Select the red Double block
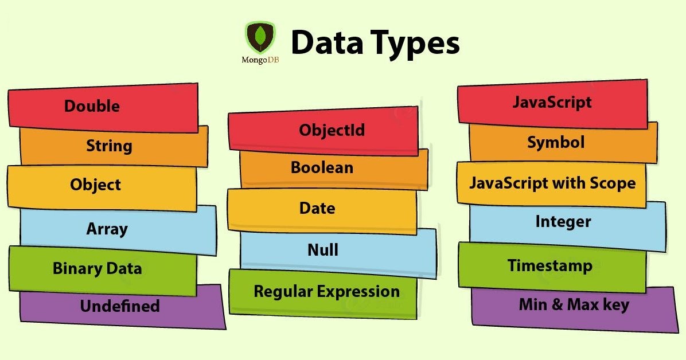[x=103, y=107]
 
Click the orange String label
[x=109, y=146]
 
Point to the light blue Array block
[x=107, y=229]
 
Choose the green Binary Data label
[x=97, y=268]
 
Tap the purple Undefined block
[x=120, y=306]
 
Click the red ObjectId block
[x=332, y=130]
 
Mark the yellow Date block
[x=317, y=208]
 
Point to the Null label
[x=323, y=250]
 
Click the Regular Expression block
[x=326, y=291]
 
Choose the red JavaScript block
[x=552, y=103]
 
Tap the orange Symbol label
[x=556, y=142]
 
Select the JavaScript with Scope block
[x=552, y=183]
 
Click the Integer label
[x=563, y=222]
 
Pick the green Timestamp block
[x=549, y=266]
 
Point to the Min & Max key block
[x=574, y=304]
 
